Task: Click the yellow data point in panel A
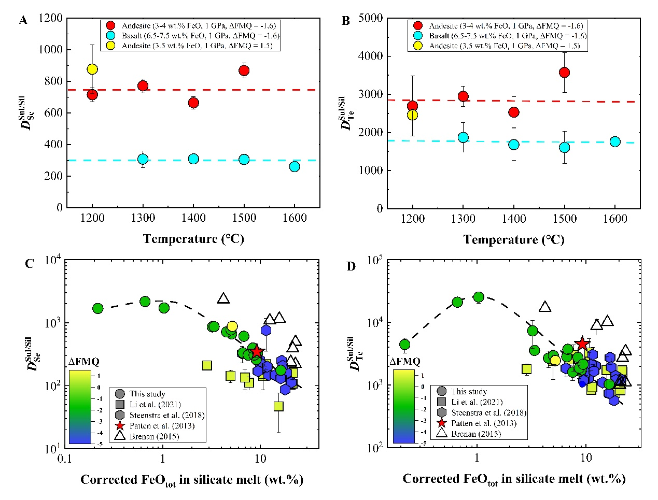click(x=92, y=69)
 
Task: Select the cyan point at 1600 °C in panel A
click(x=295, y=166)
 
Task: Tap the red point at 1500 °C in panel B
click(x=564, y=73)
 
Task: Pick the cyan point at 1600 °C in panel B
click(x=615, y=141)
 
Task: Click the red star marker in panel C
click(x=257, y=352)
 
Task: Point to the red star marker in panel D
click(x=582, y=344)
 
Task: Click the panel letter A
click(x=23, y=21)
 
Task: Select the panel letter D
click(x=352, y=267)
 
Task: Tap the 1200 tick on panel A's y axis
click(x=50, y=19)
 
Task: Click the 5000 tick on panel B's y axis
click(x=371, y=19)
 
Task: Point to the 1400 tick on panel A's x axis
click(x=193, y=218)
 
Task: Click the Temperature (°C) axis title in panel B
click(x=514, y=240)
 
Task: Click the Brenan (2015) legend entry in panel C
click(x=153, y=436)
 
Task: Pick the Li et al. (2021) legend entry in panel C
click(x=155, y=405)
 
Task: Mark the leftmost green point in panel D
click(x=404, y=345)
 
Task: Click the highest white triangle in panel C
click(x=223, y=298)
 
